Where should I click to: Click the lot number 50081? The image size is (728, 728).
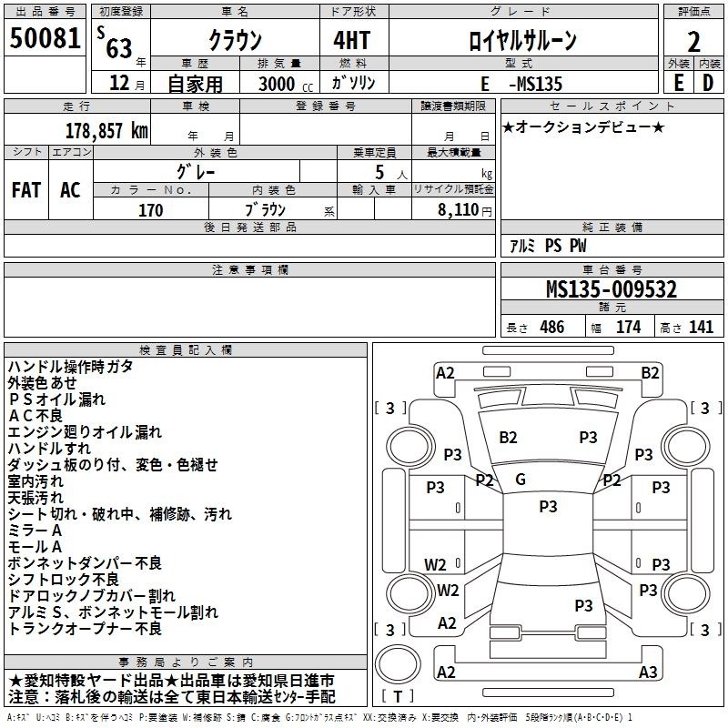point(45,38)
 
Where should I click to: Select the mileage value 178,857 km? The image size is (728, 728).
point(106,131)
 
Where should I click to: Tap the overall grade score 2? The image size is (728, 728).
point(693,42)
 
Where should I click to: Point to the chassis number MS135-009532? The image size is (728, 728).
point(612,289)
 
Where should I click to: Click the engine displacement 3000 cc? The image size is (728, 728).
point(286,84)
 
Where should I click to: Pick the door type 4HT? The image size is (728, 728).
point(351,40)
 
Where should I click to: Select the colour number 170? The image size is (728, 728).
point(150,210)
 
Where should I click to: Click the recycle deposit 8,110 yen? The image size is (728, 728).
point(464,210)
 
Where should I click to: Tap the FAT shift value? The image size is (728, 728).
point(26,190)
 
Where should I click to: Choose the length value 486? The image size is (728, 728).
point(552,327)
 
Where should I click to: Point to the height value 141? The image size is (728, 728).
point(701,327)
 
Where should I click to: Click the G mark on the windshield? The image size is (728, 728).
point(521,480)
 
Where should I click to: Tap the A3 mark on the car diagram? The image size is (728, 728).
point(648,672)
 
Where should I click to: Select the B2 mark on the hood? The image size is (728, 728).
point(508,438)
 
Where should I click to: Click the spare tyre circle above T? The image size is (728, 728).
point(398,664)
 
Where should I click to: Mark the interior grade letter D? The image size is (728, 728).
point(708,83)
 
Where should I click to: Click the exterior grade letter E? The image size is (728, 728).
point(679,83)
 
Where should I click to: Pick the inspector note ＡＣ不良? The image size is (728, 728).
point(35,416)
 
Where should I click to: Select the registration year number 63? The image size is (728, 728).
point(119,48)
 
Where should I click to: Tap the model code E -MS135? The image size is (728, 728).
point(521,84)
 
